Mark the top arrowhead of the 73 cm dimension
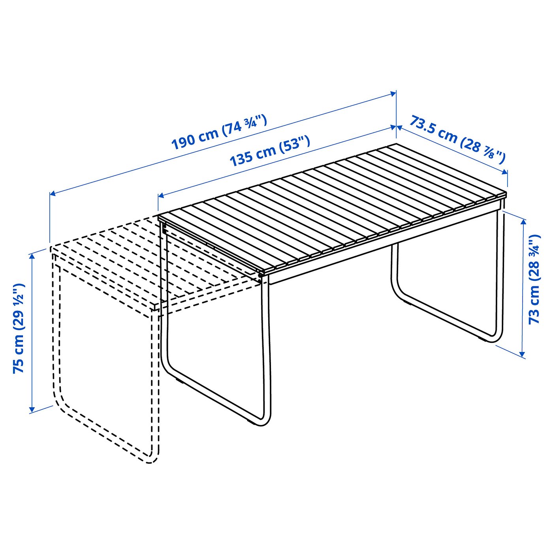coord(523,222)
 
